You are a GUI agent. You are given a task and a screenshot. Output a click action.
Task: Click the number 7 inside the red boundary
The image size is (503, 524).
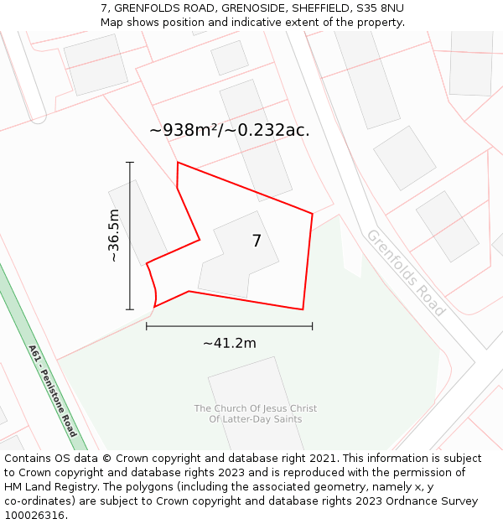coord(257,241)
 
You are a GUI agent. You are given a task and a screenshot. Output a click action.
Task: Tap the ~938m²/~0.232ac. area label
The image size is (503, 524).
coord(229,130)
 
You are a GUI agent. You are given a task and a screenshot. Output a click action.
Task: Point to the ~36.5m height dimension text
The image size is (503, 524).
coord(114,236)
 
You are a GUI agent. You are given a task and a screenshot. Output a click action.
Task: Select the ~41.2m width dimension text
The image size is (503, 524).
coord(229,342)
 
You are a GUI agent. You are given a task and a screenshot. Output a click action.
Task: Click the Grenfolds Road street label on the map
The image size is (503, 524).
coord(406,272)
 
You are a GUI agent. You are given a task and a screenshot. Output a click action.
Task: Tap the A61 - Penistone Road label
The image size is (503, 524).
coord(52,390)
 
